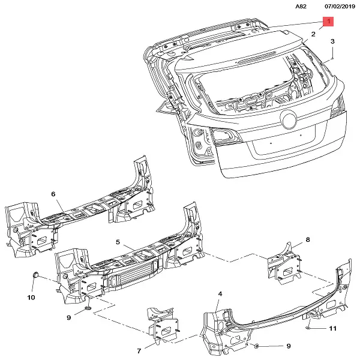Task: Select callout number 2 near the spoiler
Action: (313, 35)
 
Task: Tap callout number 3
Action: (332, 41)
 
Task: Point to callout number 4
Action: (220, 293)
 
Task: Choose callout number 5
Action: (118, 242)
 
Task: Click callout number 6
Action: (53, 194)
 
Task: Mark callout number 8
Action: (308, 240)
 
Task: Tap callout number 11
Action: (333, 329)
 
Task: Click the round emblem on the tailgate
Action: (289, 119)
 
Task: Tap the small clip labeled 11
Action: (308, 328)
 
